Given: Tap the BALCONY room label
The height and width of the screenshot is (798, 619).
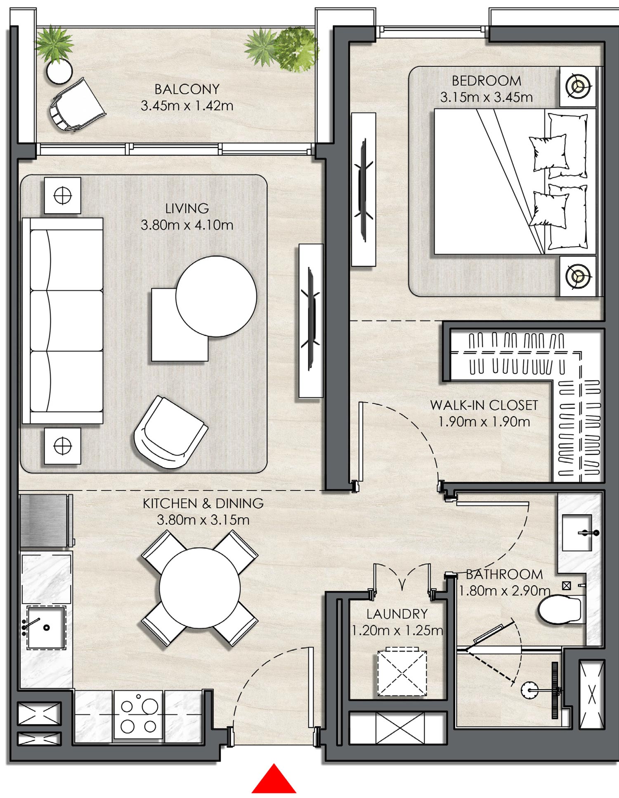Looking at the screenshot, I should pos(187,89).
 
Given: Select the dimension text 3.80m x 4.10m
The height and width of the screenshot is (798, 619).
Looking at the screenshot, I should pos(187,225).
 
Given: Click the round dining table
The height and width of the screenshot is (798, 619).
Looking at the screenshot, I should pos(200,588).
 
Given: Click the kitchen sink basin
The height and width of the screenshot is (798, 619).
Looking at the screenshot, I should pos(46,627).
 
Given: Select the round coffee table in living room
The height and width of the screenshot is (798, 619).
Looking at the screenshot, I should pos(216,296).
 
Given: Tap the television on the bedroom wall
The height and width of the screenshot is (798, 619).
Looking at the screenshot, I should pos(364,190).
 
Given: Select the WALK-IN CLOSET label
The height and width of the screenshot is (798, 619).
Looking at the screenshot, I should pos(484,405).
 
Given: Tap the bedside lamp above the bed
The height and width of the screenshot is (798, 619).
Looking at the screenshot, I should pos(579,86).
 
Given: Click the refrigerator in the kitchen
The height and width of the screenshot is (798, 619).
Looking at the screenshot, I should pos(45,521).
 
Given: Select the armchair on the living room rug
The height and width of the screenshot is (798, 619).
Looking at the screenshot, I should pos(170,433).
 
